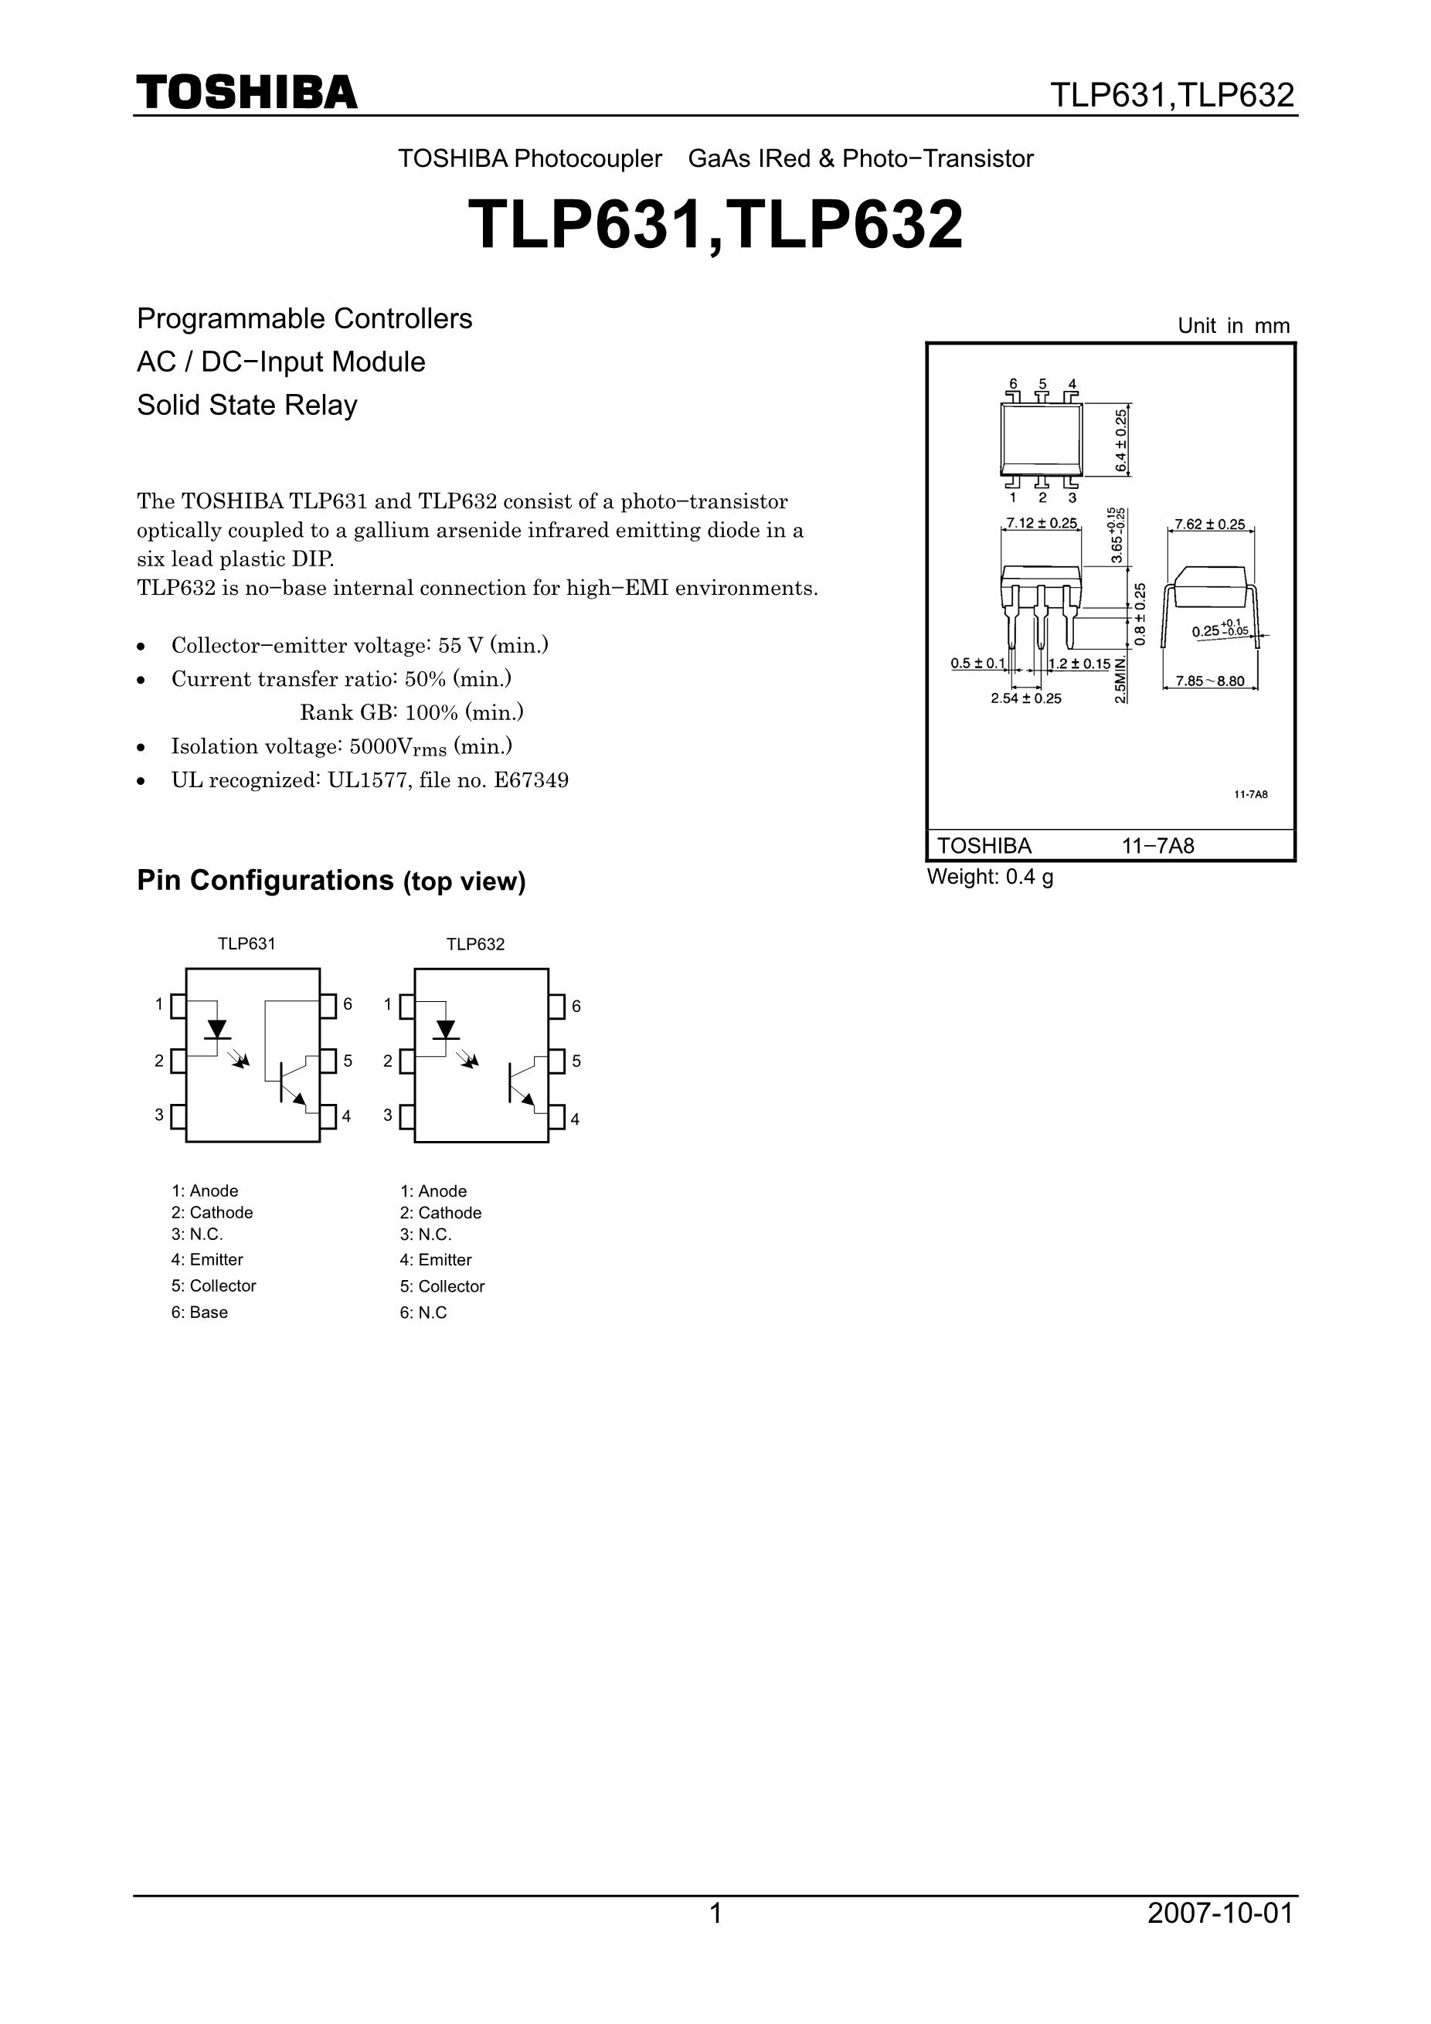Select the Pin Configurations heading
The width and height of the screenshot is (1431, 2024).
click(x=331, y=881)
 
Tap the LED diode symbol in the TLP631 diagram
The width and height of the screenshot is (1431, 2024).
click(x=217, y=1029)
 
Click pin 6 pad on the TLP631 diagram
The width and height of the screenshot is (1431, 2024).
click(x=328, y=1006)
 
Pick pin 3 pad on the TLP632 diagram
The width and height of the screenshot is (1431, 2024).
click(x=406, y=1117)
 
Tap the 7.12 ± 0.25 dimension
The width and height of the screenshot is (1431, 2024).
click(x=1042, y=523)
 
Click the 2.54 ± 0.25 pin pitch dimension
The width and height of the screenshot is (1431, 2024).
click(x=1025, y=698)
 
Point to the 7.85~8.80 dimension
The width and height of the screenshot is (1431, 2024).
click(x=1210, y=681)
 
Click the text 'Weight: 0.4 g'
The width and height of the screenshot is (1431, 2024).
click(x=989, y=876)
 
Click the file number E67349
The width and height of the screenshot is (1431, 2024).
click(x=532, y=780)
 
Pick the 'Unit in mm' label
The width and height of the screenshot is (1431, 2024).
click(x=1232, y=325)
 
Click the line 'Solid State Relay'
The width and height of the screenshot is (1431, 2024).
click(x=247, y=406)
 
